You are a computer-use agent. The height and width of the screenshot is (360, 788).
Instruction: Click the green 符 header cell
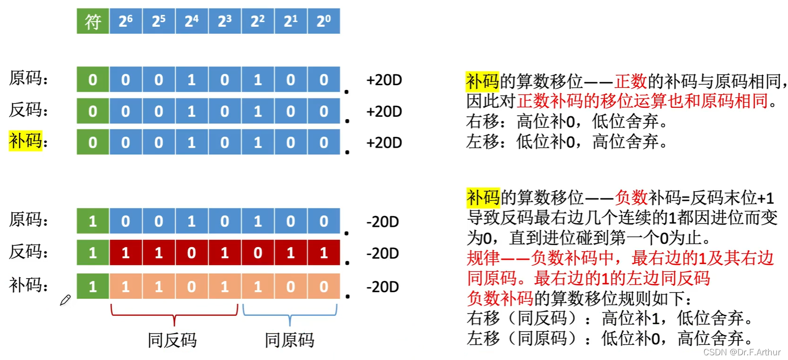[x=93, y=21]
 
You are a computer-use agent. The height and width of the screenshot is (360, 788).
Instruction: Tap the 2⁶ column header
[x=126, y=21]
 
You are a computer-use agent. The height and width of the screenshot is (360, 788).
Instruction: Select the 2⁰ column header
[x=324, y=21]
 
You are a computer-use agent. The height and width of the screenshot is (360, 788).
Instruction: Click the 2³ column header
[x=225, y=21]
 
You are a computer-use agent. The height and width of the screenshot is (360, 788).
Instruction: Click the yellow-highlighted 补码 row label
[x=25, y=140]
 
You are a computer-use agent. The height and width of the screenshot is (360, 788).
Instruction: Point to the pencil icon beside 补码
[x=65, y=300]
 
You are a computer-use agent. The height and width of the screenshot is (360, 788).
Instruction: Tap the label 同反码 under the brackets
[x=172, y=340]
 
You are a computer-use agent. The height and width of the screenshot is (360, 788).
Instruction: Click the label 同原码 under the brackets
[x=289, y=340]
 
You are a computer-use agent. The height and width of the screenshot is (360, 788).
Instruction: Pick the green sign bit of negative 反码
[x=93, y=253]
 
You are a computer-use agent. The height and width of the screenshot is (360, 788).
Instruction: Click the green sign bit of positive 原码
[x=93, y=80]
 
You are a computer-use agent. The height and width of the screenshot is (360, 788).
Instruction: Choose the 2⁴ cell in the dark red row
[x=191, y=253]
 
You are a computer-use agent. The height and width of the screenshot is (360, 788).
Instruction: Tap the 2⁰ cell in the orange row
[x=324, y=286]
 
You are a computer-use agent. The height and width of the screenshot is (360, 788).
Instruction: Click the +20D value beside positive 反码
[x=384, y=112]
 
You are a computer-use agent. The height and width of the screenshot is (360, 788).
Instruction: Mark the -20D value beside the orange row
[x=382, y=287]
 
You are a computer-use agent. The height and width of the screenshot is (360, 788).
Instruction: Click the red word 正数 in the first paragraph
[x=631, y=81]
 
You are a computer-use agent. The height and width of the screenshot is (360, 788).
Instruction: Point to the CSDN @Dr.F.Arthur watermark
[x=742, y=352]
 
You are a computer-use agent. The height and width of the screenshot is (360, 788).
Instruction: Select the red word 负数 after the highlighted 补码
[x=631, y=198]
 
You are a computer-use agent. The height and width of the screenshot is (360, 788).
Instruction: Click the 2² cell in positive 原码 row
[x=258, y=80]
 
